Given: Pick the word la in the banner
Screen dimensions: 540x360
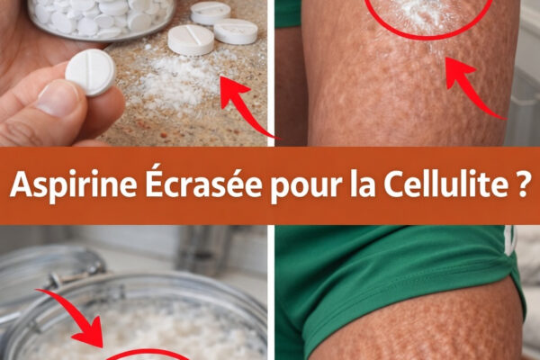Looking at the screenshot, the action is [362, 184].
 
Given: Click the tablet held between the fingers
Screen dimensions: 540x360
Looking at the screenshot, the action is [90, 72].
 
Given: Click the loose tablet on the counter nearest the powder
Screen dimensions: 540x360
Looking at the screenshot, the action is [191, 40].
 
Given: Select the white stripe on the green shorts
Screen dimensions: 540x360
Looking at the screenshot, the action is [509, 238].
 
